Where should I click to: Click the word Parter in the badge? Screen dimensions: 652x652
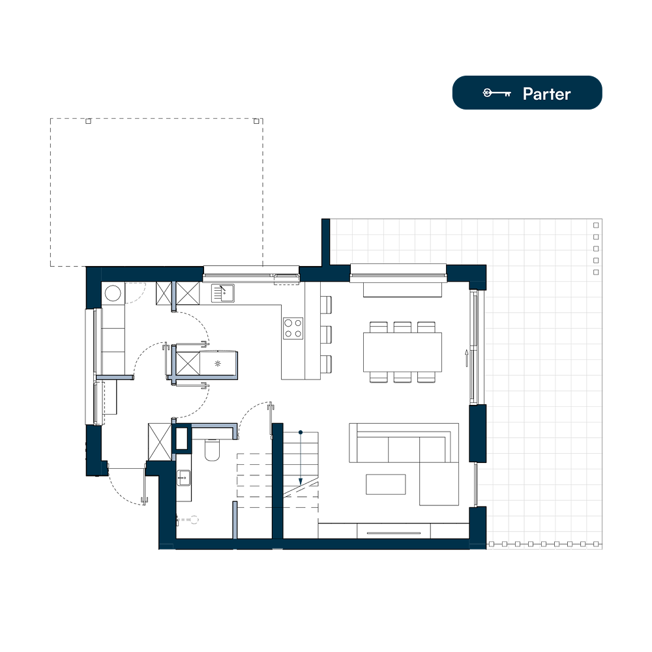tap(546, 94)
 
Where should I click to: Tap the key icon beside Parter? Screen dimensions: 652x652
tap(496, 93)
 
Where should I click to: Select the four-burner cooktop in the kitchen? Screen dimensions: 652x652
tap(293, 329)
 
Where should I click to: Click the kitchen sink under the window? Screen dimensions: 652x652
tap(222, 293)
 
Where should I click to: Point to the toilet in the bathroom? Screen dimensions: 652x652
tap(212, 450)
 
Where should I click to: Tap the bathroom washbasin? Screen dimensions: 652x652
tap(184, 478)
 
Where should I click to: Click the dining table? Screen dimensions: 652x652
tap(402, 352)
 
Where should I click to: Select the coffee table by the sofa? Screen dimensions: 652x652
tap(386, 484)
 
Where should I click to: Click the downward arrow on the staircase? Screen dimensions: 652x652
tap(300, 458)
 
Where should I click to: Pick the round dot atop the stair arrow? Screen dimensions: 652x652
tap(300, 433)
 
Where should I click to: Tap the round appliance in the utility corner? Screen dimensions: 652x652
tap(113, 293)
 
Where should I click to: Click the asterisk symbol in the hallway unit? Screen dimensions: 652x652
tap(218, 364)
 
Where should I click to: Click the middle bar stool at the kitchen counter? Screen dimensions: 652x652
tap(327, 334)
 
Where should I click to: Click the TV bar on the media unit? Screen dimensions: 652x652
tap(393, 533)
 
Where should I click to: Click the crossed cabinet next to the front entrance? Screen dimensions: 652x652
tap(160, 441)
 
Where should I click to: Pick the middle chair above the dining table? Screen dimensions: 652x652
tap(402, 327)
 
